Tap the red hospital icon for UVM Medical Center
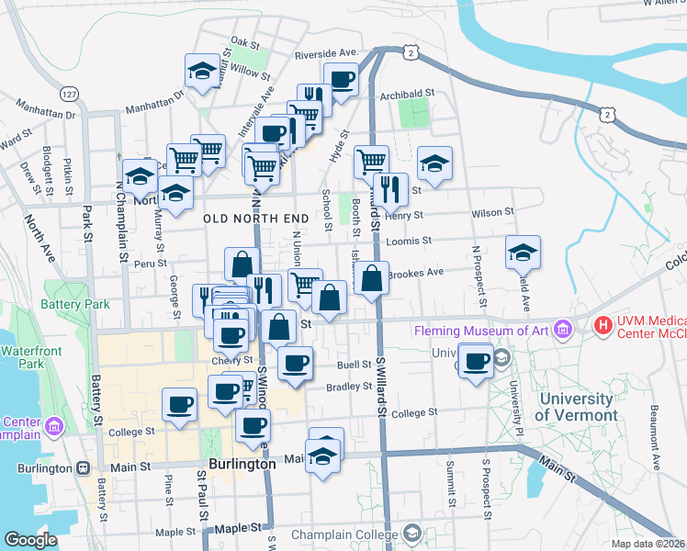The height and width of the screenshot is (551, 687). (603, 324)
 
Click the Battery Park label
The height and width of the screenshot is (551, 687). (75, 304)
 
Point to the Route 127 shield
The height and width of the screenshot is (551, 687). (69, 95)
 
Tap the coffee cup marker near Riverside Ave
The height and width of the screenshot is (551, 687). (341, 81)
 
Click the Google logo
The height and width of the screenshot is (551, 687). (31, 540)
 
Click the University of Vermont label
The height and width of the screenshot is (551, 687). (576, 407)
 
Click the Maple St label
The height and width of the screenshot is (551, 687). (169, 532)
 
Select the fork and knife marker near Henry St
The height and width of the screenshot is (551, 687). (391, 190)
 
